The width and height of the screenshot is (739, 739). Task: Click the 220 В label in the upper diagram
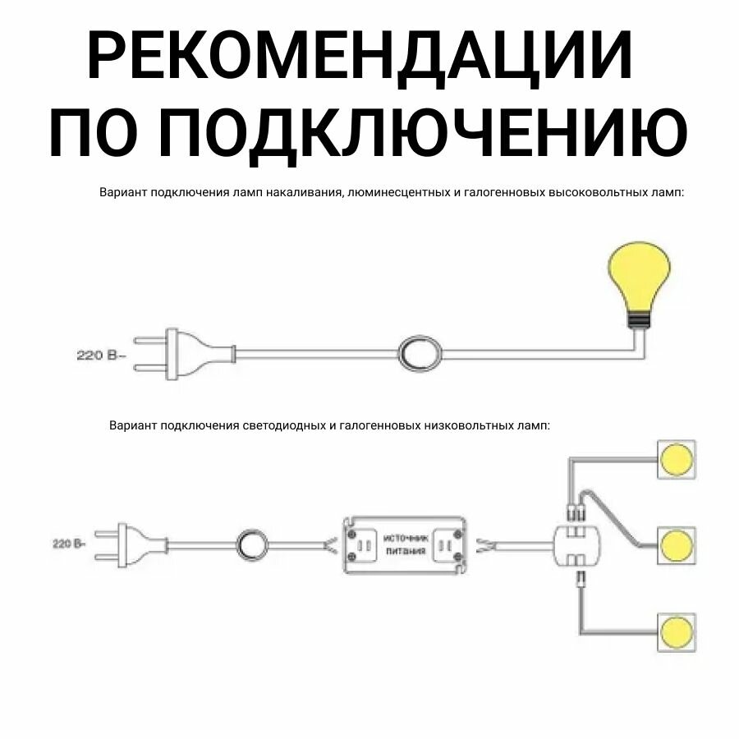coord(100,356)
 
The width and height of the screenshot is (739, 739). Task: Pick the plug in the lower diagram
coord(123,543)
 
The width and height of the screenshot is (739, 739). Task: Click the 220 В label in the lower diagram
coord(69,544)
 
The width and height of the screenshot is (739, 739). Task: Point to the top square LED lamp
coord(677,457)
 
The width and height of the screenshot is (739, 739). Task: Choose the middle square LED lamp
coord(677,544)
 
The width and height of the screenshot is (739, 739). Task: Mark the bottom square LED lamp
coord(677,631)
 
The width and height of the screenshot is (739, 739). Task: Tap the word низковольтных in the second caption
coord(469,426)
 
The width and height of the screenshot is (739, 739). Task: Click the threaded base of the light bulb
coord(637,319)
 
